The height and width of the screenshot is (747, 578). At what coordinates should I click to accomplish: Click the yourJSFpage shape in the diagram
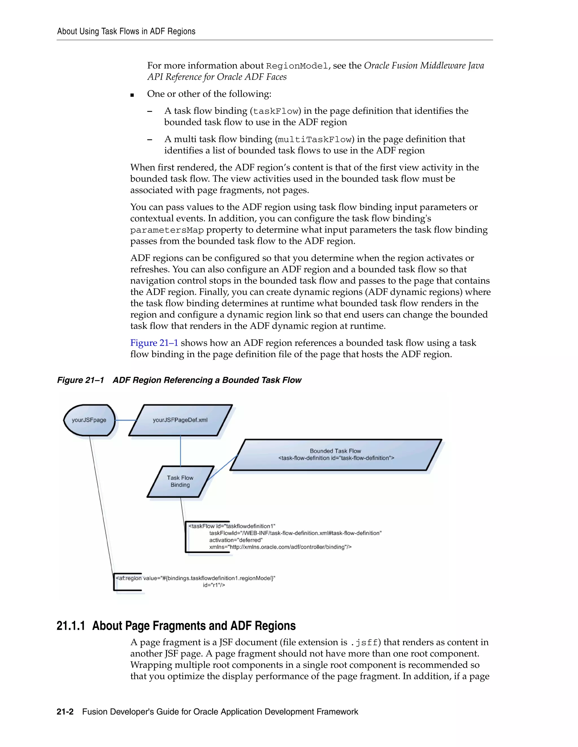(x=89, y=420)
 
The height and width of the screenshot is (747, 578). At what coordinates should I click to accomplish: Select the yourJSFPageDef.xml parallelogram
(x=180, y=420)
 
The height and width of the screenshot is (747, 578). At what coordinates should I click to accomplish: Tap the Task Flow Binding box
(x=180, y=481)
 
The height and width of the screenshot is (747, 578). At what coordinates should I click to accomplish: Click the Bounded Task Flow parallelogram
(x=336, y=455)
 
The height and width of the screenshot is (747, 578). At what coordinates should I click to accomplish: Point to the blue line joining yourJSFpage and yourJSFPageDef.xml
(x=126, y=420)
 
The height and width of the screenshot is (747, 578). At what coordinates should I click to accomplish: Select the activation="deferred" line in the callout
(x=236, y=540)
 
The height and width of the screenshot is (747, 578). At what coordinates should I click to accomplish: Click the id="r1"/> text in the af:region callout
(x=214, y=585)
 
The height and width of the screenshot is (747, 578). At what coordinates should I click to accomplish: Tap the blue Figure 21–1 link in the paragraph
(x=154, y=343)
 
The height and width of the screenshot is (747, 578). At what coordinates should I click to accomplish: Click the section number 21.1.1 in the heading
(x=71, y=626)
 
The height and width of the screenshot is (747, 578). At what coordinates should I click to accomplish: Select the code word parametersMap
(x=167, y=230)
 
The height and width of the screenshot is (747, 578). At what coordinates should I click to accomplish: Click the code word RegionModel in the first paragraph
(x=297, y=66)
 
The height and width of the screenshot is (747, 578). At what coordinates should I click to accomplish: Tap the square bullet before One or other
(x=132, y=95)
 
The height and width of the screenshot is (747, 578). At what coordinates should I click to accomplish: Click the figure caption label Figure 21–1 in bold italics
(x=80, y=380)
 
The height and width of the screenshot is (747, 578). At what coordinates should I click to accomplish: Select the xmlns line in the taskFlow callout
(x=280, y=547)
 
